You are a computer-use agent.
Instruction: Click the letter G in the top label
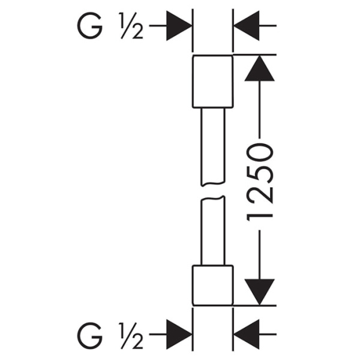pyautogui.click(x=89, y=26)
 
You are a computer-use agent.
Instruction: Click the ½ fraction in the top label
pyautogui.click(x=131, y=26)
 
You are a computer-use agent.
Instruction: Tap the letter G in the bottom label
pyautogui.click(x=89, y=335)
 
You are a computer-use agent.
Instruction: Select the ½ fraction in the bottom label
pyautogui.click(x=131, y=335)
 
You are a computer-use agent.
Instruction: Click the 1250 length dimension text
pyautogui.click(x=260, y=182)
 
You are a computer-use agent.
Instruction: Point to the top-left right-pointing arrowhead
pyautogui.click(x=179, y=26)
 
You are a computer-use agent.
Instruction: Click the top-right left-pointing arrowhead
pyautogui.click(x=247, y=26)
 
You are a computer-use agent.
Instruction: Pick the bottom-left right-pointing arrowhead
pyautogui.click(x=179, y=334)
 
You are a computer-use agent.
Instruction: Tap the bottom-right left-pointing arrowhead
pyautogui.click(x=247, y=334)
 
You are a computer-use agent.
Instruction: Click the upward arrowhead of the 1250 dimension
pyautogui.click(x=260, y=68)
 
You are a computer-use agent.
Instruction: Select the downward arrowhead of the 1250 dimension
pyautogui.click(x=260, y=292)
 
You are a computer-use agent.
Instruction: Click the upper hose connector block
pyautogui.click(x=213, y=81)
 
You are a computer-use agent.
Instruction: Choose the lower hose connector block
pyautogui.click(x=213, y=286)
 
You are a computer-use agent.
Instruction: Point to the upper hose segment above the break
pyautogui.click(x=213, y=147)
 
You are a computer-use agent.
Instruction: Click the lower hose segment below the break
pyautogui.click(x=213, y=230)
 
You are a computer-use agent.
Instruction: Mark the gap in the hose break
pyautogui.click(x=213, y=191)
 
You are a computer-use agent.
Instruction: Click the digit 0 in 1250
pyautogui.click(x=260, y=152)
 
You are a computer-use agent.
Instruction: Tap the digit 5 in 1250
pyautogui.click(x=260, y=174)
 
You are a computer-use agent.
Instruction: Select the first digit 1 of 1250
pyautogui.click(x=260, y=217)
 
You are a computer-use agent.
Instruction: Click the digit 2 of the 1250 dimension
pyautogui.click(x=260, y=196)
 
